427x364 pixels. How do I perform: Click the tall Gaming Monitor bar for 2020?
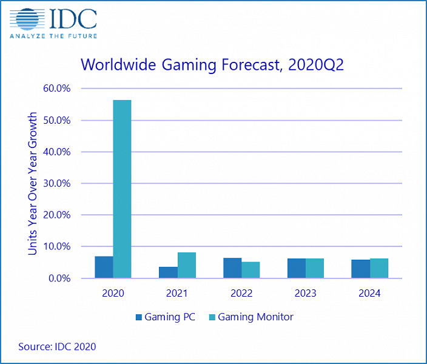pos(122,189)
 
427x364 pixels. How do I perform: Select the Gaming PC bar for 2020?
pos(104,267)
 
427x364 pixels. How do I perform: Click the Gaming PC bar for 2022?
pos(232,268)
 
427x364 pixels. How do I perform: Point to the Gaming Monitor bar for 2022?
pos(250,270)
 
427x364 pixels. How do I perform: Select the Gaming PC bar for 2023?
pos(297,268)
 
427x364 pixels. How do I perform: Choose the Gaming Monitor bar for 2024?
pos(379,268)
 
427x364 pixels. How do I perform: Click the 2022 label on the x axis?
pos(241,293)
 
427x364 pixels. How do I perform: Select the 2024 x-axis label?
pos(370,293)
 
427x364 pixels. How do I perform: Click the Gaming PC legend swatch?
pos(138,317)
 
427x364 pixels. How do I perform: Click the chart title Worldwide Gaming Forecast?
pos(212,65)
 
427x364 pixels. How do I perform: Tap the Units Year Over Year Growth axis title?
pos(33,183)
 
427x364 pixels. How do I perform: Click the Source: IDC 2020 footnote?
pos(57,346)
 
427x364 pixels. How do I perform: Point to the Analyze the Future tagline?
pos(53,35)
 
